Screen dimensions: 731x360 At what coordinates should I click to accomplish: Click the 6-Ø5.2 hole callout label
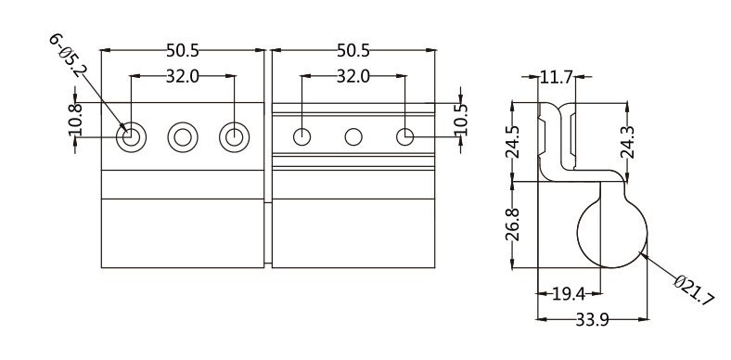pyautogui.click(x=68, y=56)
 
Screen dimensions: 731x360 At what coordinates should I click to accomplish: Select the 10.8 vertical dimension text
pyautogui.click(x=75, y=120)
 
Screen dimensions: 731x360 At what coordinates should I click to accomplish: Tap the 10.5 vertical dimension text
pyautogui.click(x=461, y=120)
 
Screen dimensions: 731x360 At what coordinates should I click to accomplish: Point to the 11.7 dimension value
pyautogui.click(x=557, y=76)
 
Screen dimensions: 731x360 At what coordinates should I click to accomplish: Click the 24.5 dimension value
pyautogui.click(x=512, y=142)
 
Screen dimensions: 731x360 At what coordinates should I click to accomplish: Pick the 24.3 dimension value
pyautogui.click(x=627, y=142)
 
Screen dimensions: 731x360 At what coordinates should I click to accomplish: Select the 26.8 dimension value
pyautogui.click(x=512, y=225)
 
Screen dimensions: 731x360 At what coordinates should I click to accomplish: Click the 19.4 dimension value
pyautogui.click(x=569, y=294)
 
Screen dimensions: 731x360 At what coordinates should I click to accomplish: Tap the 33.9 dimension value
pyautogui.click(x=592, y=320)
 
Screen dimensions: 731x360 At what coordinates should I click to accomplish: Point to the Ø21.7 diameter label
pyautogui.click(x=694, y=290)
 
